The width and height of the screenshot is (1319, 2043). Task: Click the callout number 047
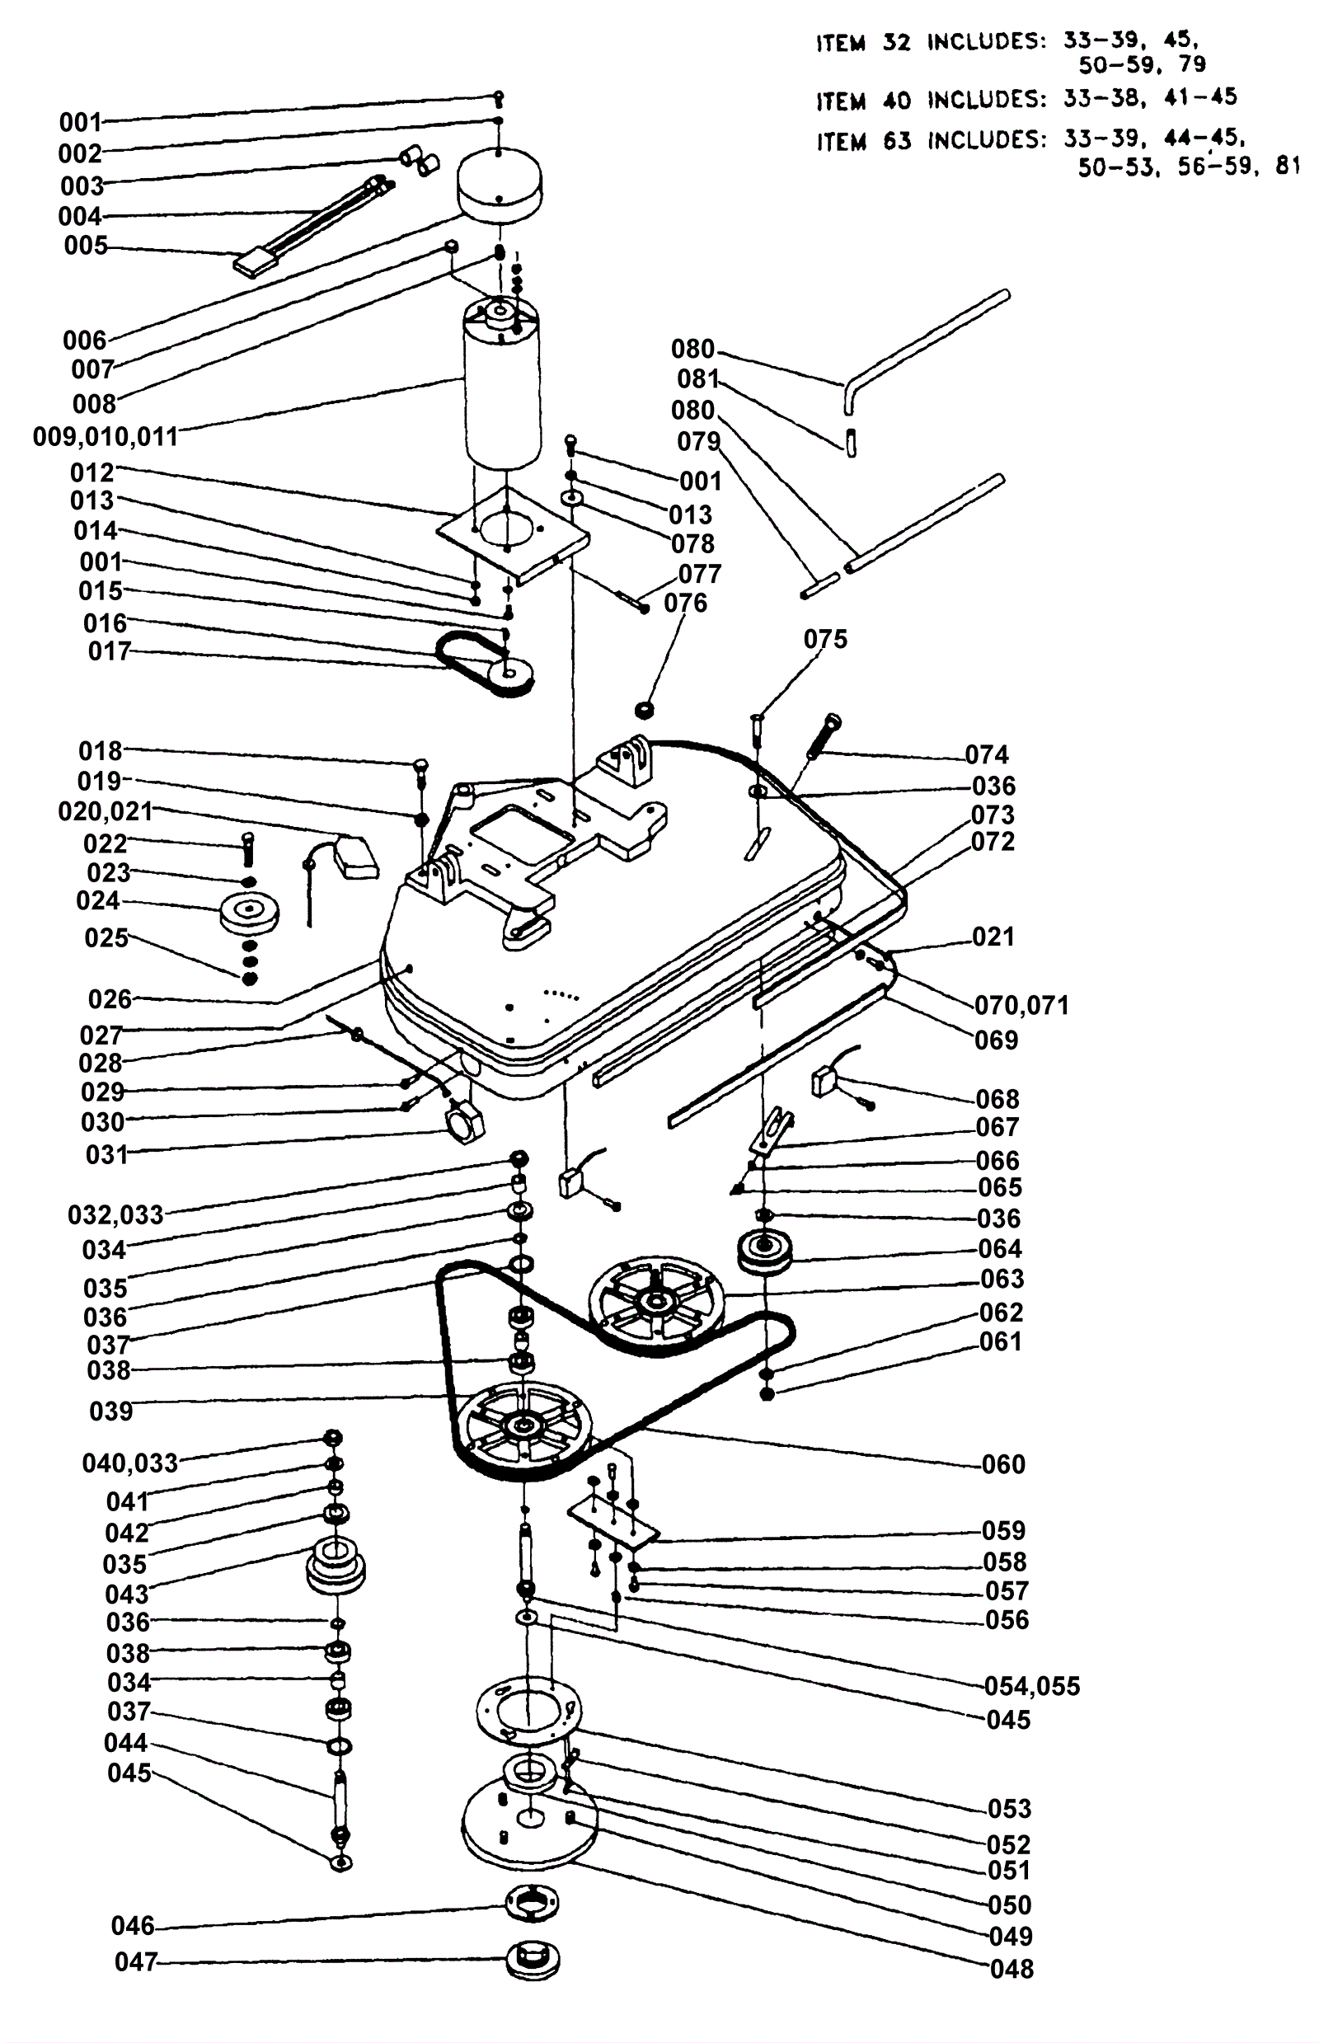pos(136,1961)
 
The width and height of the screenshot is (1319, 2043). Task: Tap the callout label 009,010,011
pos(106,437)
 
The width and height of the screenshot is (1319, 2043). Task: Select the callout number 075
pos(825,639)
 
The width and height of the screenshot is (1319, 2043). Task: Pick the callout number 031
pos(106,1154)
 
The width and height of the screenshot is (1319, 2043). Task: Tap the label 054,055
pos(1032,1686)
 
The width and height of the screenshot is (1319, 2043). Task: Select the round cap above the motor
pos(501,185)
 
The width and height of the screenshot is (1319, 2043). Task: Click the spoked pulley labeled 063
pos(656,1305)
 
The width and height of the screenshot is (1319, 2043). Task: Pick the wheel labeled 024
pos(249,916)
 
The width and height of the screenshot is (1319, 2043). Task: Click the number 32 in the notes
pos(896,42)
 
